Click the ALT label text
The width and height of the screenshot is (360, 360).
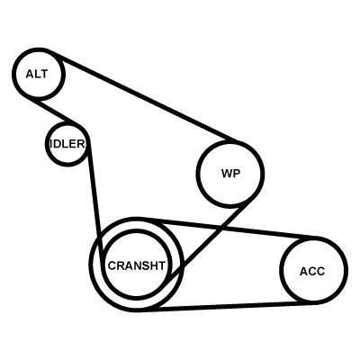pos(37,74)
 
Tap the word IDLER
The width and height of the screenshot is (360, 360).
pos(67,144)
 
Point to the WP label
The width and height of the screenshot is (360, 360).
pos(230,174)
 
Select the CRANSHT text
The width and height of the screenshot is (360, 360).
pos(137,265)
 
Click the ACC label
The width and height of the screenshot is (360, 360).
pos(312,271)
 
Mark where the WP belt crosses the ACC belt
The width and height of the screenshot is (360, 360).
pos(221,229)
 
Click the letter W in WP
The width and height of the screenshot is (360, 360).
pos(227,174)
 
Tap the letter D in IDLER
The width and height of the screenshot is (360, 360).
pos(57,144)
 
